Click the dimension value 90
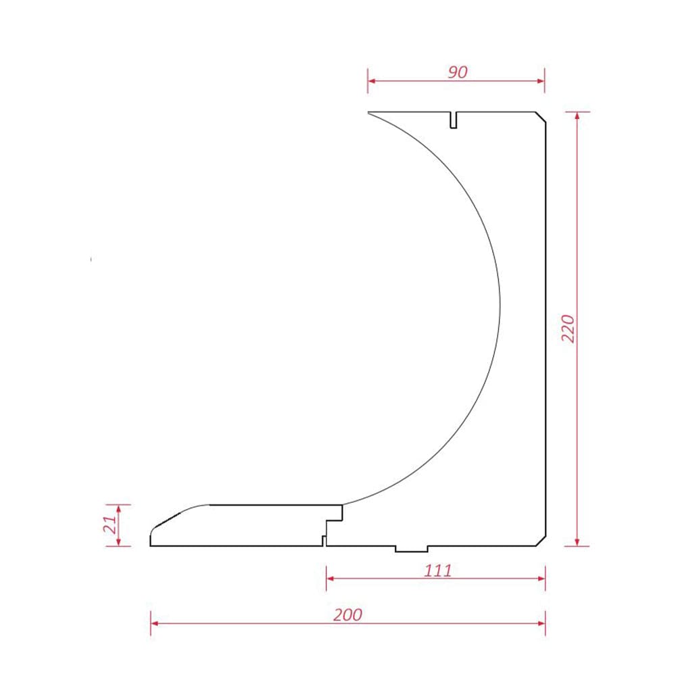click(x=458, y=72)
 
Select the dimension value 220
click(x=569, y=329)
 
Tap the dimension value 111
click(x=438, y=571)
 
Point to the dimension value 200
click(x=347, y=614)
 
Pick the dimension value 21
click(x=110, y=525)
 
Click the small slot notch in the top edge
click(x=454, y=120)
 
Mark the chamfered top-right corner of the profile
click(x=541, y=117)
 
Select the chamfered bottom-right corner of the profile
click(x=541, y=541)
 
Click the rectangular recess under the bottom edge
click(x=412, y=549)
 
